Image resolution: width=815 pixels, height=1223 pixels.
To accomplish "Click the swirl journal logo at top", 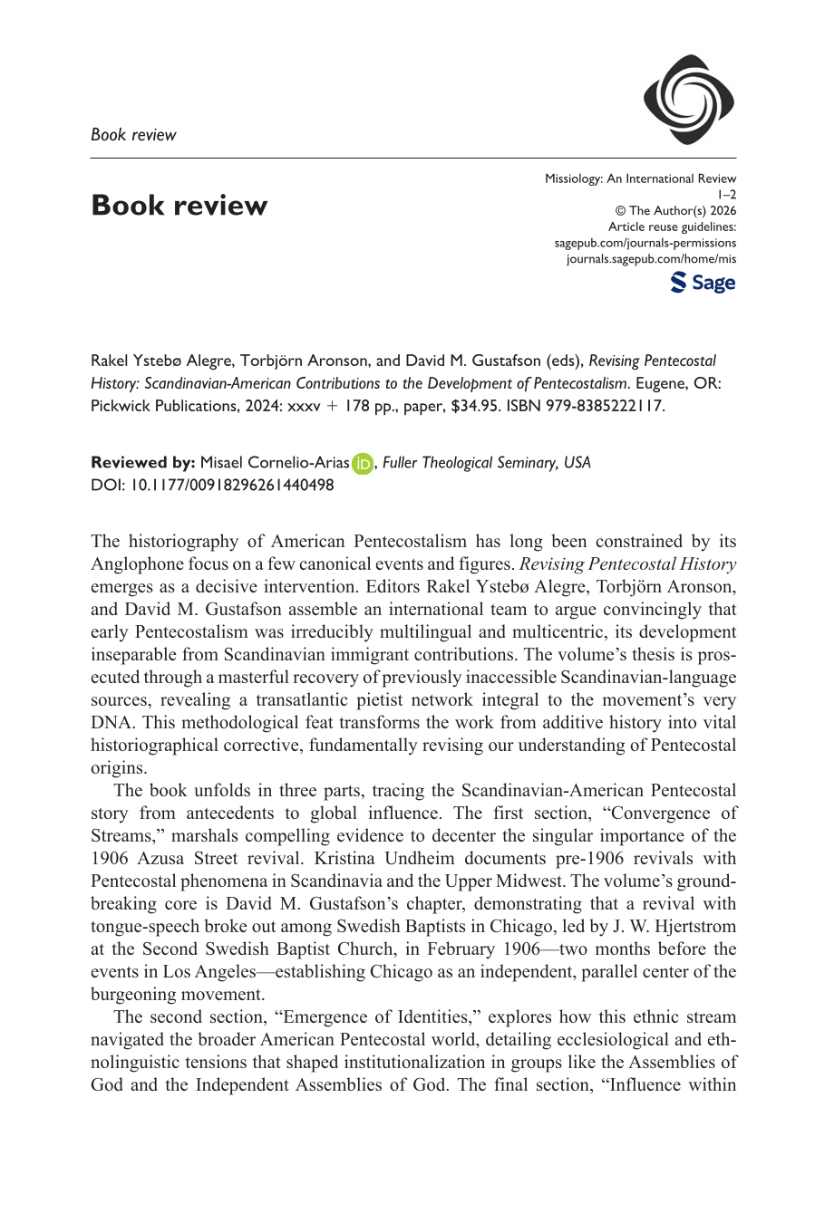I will pyautogui.click(x=688, y=100).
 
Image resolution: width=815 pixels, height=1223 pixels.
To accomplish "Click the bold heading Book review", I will pyautogui.click(x=179, y=206).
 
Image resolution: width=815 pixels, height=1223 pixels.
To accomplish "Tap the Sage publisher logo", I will pyautogui.click(x=703, y=283).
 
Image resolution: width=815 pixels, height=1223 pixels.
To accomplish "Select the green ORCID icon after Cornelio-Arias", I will pyautogui.click(x=363, y=464).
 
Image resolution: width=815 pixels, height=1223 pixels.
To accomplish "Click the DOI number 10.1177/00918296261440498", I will pyautogui.click(x=232, y=485).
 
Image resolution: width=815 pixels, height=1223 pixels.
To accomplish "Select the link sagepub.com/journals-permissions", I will pyautogui.click(x=645, y=243).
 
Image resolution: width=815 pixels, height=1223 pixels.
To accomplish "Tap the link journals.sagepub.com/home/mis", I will pyautogui.click(x=651, y=259).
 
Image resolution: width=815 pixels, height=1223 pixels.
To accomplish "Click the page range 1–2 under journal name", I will pyautogui.click(x=727, y=195).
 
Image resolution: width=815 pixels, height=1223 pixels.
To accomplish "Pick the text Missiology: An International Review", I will pyautogui.click(x=640, y=178).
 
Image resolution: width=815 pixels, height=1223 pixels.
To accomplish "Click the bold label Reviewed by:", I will pyautogui.click(x=143, y=463).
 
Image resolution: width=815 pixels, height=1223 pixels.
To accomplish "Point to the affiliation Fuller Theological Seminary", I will pyautogui.click(x=470, y=463).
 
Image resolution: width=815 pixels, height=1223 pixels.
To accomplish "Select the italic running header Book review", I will pyautogui.click(x=133, y=135).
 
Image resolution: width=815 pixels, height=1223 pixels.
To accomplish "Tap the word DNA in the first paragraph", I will pyautogui.click(x=111, y=723).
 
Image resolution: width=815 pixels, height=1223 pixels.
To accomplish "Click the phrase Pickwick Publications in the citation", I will pyautogui.click(x=165, y=406).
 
